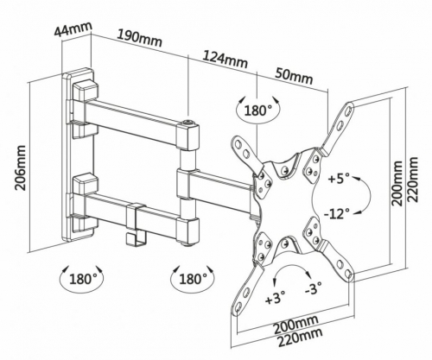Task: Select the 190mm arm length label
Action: coord(139,38)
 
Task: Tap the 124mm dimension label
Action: coord(225,59)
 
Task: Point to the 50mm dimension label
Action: coord(294,75)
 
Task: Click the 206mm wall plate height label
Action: coord(20,167)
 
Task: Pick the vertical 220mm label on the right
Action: coord(413,180)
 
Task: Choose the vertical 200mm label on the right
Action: coord(397,183)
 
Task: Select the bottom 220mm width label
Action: coord(300,338)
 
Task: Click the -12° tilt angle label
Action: coord(337,214)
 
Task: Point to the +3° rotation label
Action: coord(276,296)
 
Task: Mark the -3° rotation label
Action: coord(314,288)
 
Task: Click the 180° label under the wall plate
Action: coord(84,279)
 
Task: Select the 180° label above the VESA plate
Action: coord(258,111)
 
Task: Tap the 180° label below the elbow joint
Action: coord(194,279)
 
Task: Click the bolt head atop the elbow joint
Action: coord(188,123)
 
